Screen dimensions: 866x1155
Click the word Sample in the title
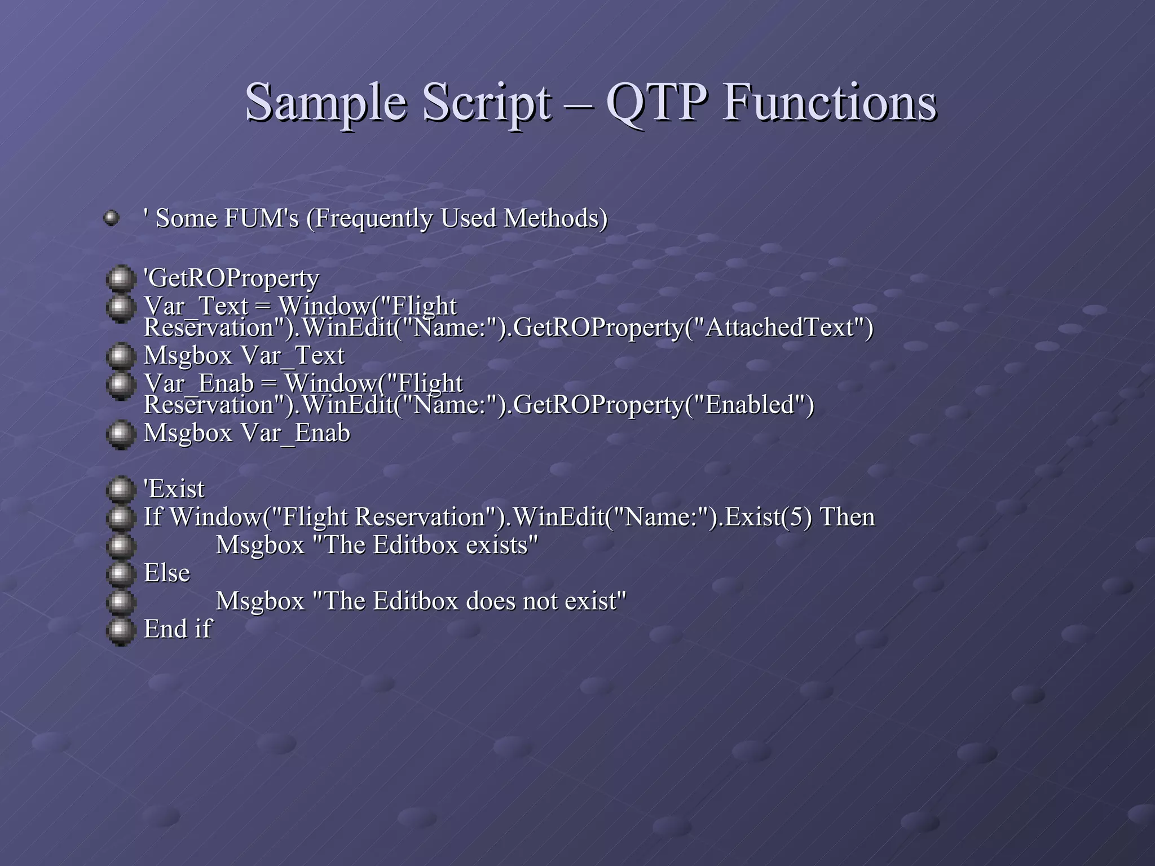(325, 103)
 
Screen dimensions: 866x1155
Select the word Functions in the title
(830, 103)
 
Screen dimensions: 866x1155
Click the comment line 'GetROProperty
(231, 278)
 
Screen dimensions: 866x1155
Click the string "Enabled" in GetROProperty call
(748, 405)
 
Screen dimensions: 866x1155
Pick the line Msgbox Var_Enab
(246, 433)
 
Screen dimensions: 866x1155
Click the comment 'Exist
(174, 489)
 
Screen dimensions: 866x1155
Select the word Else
(167, 573)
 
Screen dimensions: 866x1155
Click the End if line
(178, 629)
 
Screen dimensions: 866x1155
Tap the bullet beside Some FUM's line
(112, 218)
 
